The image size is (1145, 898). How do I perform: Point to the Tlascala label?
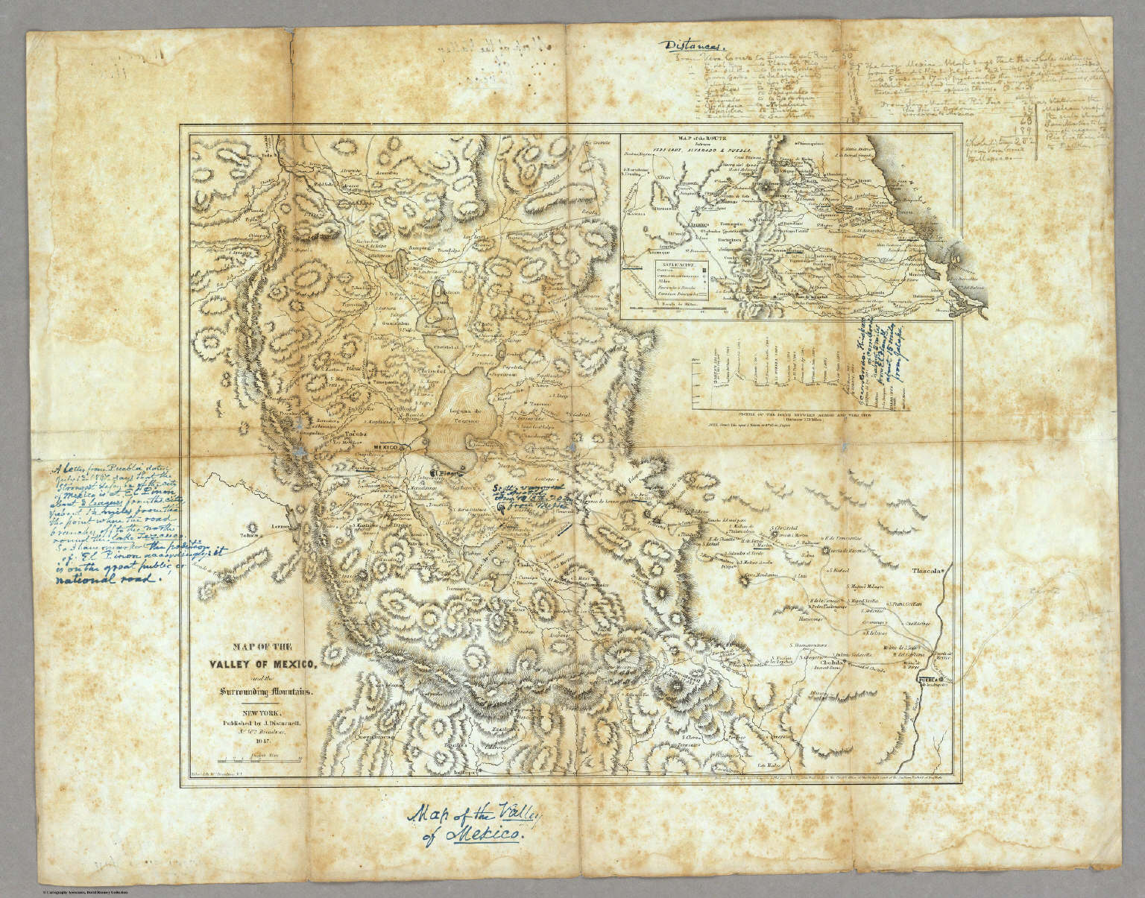point(924,572)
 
